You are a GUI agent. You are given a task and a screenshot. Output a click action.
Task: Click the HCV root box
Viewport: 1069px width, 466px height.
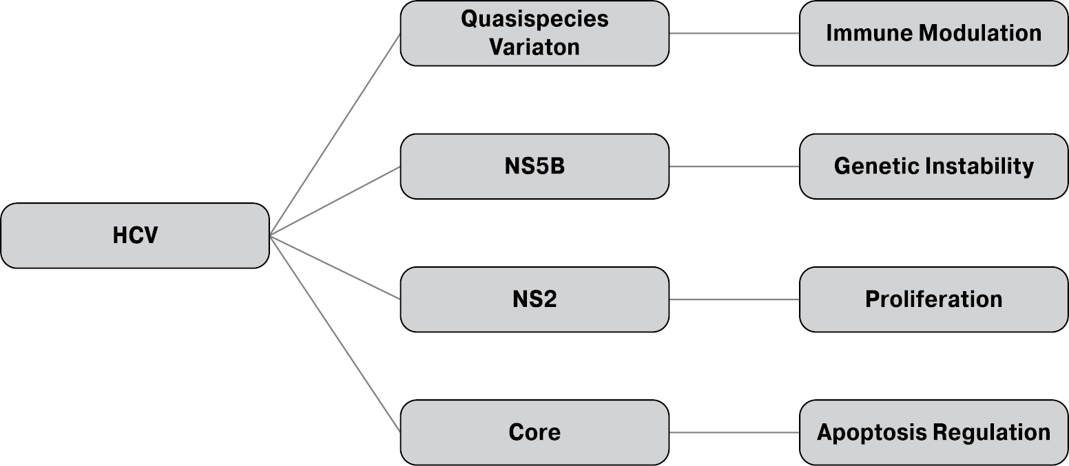coord(135,235)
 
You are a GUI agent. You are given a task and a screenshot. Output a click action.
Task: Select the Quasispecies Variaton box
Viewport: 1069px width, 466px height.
coord(534,33)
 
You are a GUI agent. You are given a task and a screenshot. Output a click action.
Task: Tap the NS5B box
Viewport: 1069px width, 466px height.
coord(534,167)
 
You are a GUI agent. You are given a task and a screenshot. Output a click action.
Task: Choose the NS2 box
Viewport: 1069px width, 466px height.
coord(534,299)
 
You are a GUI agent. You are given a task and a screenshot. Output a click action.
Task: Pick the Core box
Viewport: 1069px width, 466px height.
coord(534,432)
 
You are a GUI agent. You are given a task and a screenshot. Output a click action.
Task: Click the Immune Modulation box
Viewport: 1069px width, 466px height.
coord(933,33)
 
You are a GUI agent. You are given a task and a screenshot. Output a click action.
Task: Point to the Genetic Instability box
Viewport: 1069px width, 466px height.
coord(933,167)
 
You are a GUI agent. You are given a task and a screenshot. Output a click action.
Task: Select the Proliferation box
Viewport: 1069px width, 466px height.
coord(933,299)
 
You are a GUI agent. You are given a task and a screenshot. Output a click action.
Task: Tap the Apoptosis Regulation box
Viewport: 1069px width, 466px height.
coord(933,432)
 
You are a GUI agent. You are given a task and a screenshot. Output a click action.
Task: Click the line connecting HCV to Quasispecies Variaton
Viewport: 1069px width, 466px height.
coord(335,134)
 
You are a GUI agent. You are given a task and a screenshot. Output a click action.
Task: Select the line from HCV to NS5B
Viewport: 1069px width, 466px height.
coord(335,201)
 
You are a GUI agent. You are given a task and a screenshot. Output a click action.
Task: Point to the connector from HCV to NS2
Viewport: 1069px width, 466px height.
coord(335,268)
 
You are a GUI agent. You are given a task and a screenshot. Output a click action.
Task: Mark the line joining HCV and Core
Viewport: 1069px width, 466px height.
coord(335,334)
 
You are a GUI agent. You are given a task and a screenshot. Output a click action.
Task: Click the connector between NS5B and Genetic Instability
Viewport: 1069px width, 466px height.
coord(734,167)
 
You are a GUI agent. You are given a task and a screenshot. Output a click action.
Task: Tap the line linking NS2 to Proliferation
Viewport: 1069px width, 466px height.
coord(734,299)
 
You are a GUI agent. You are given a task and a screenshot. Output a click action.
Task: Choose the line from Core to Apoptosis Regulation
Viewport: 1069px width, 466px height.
coord(734,432)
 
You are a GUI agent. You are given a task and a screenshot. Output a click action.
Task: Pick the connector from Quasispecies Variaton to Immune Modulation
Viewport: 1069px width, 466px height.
coord(734,33)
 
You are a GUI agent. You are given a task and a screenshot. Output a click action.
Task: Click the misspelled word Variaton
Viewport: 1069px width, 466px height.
coord(534,47)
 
